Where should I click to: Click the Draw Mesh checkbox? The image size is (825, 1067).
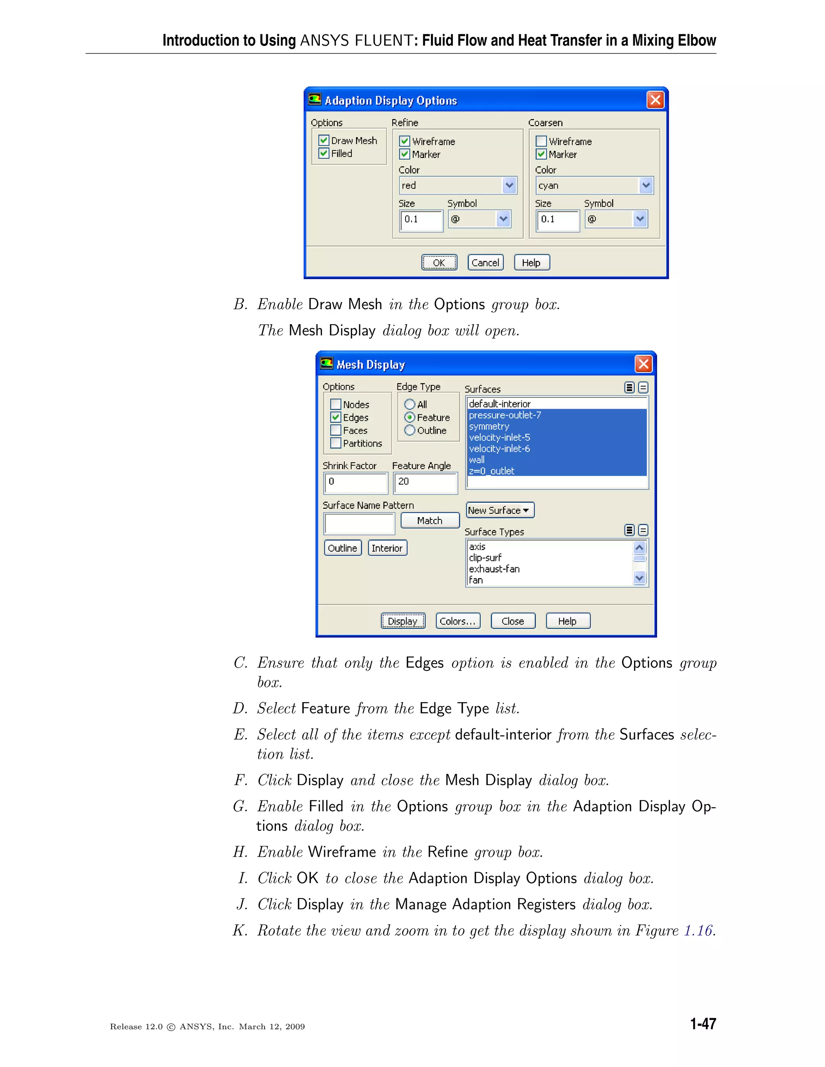tap(323, 141)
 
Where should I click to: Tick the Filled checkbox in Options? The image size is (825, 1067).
tap(323, 153)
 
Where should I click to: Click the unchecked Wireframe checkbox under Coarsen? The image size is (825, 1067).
tap(541, 141)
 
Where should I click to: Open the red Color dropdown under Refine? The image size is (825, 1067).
tap(509, 185)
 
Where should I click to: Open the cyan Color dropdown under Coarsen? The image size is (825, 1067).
tap(646, 185)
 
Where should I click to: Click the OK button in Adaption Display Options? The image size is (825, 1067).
tap(439, 263)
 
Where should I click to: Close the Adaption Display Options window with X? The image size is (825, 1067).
tap(655, 100)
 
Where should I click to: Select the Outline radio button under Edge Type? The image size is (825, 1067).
tap(410, 430)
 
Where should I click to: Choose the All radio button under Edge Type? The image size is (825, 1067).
tap(410, 405)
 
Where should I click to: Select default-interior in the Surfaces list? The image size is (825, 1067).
tap(500, 404)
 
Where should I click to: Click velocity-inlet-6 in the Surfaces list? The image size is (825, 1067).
tap(500, 449)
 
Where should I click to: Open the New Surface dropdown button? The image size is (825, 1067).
tap(500, 510)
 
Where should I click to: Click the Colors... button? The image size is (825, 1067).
tap(458, 621)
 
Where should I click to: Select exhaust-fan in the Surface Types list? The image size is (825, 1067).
tap(494, 569)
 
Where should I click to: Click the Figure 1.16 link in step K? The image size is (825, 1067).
tap(698, 930)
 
